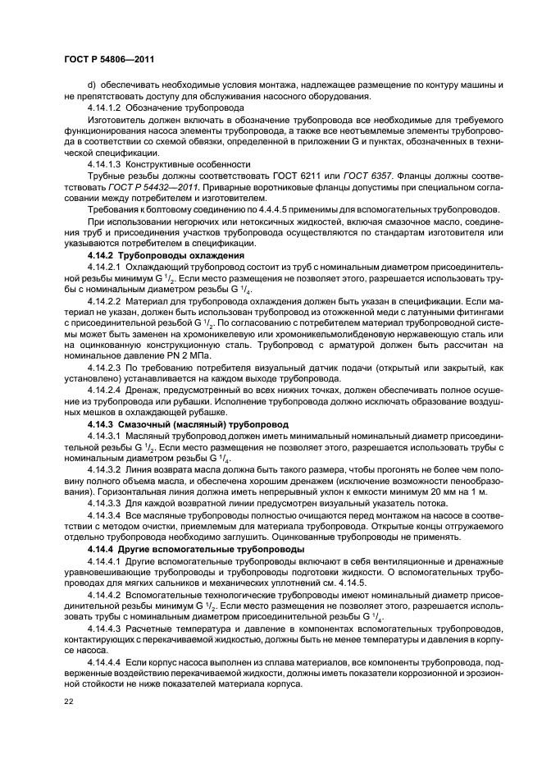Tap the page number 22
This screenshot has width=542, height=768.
tap(69, 701)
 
